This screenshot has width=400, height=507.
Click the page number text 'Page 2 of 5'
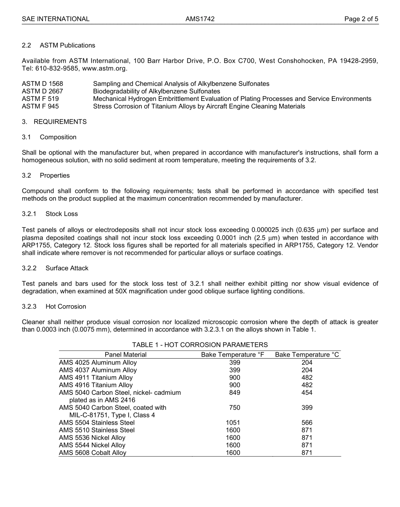[x=361, y=19]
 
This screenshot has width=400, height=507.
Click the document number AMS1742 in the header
[x=200, y=19]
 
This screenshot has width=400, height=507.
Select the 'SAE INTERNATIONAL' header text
[x=56, y=19]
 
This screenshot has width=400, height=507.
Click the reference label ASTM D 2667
[x=43, y=91]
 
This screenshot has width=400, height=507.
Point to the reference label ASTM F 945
[x=40, y=106]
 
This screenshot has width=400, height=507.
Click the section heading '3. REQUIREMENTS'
[x=54, y=122]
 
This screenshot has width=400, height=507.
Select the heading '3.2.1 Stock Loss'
[x=50, y=214]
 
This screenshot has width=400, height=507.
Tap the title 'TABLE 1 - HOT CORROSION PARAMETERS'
[x=200, y=345]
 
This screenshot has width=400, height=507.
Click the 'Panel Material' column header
[x=125, y=355]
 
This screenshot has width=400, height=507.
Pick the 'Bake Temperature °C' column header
[x=307, y=355]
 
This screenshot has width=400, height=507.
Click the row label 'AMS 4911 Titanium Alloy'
[x=96, y=378]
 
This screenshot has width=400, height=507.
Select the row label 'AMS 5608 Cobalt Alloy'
[x=93, y=453]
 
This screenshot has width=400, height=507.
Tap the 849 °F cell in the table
[x=235, y=393]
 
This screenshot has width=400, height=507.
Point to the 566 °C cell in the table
[x=307, y=422]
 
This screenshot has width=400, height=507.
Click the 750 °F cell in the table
[x=235, y=407]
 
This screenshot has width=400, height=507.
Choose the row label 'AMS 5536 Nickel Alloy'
[x=92, y=438]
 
